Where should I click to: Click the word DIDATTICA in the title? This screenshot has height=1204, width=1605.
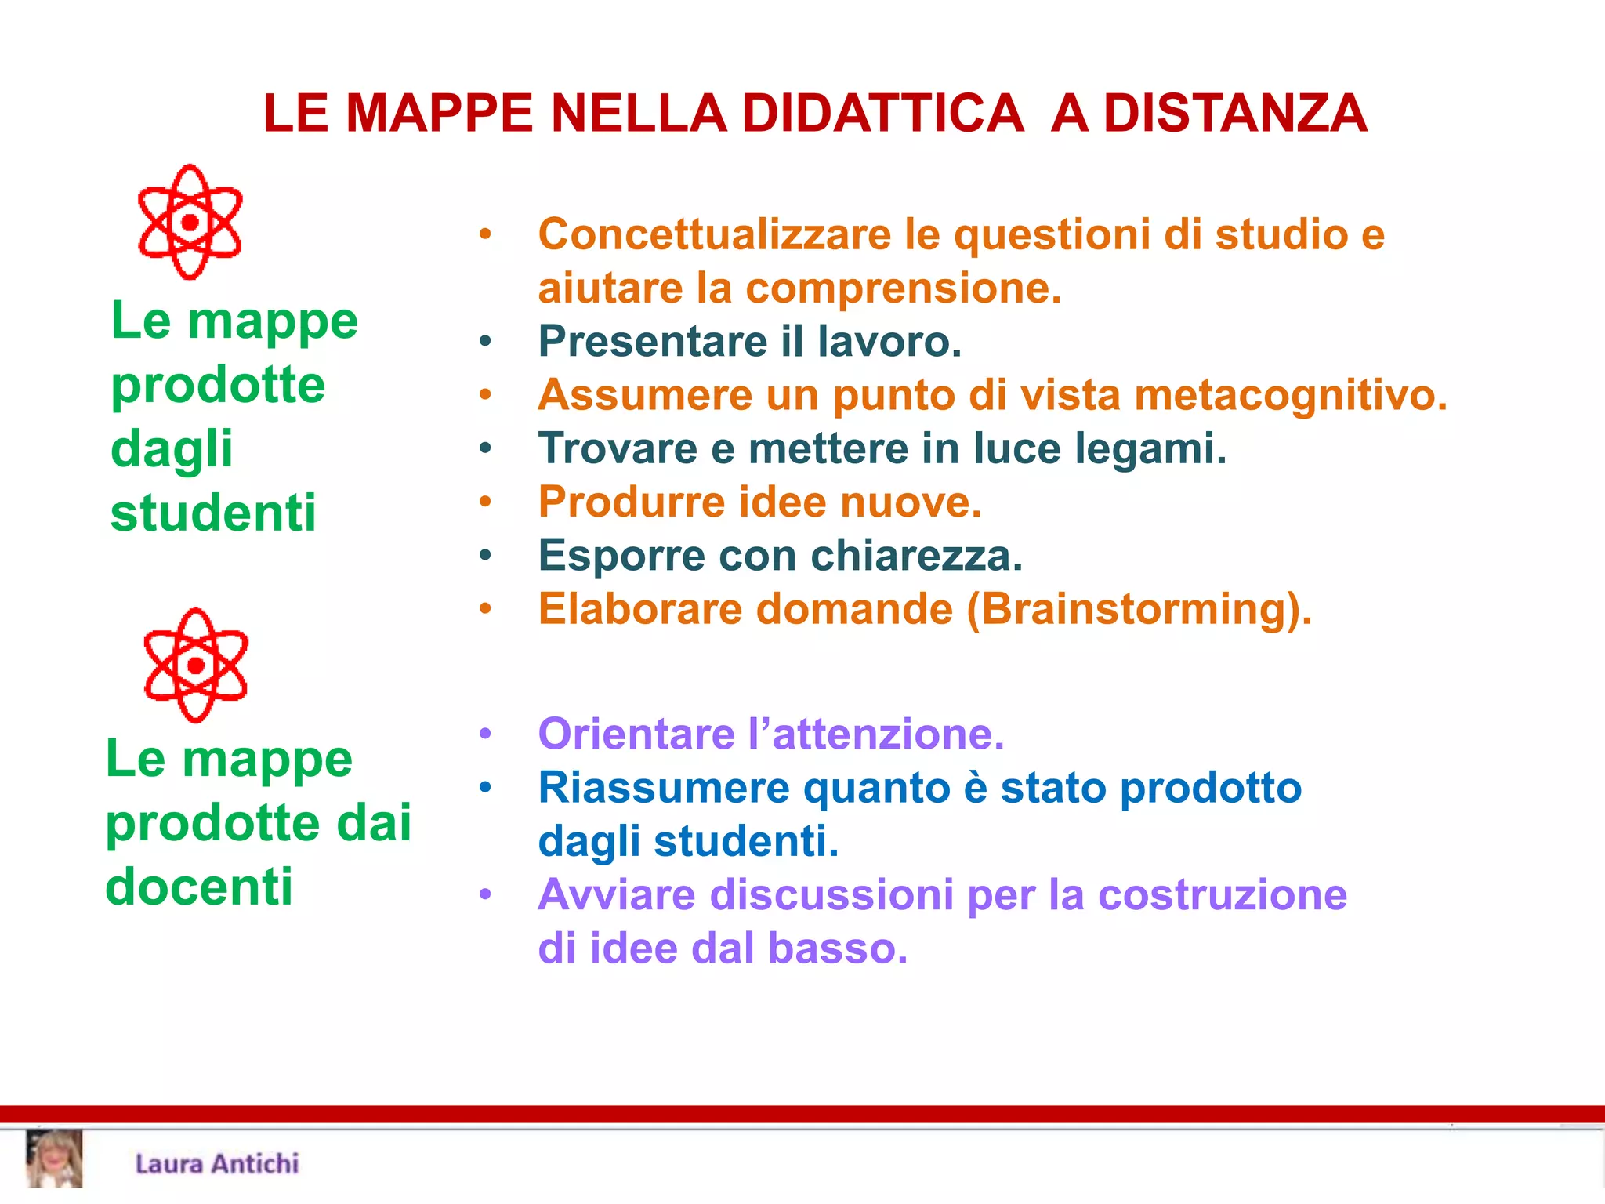point(882,114)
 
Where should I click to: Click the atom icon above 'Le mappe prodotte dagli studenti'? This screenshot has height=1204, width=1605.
point(190,223)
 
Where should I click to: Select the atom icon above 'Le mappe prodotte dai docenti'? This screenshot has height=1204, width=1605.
point(196,665)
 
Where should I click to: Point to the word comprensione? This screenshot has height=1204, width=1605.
point(903,288)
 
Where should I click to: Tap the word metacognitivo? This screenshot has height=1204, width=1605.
point(1290,395)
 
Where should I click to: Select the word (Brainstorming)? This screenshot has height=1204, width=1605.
point(1139,609)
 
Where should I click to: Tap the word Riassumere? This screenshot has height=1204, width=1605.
point(663,788)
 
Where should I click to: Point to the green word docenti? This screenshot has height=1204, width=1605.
point(199,887)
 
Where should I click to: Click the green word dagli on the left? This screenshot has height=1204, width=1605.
point(172,449)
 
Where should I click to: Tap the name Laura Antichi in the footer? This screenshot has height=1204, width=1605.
point(217,1163)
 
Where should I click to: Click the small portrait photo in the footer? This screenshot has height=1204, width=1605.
point(54,1159)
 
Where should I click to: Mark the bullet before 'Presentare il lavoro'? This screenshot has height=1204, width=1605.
point(486,342)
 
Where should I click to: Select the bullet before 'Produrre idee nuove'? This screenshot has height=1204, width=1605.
point(486,502)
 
